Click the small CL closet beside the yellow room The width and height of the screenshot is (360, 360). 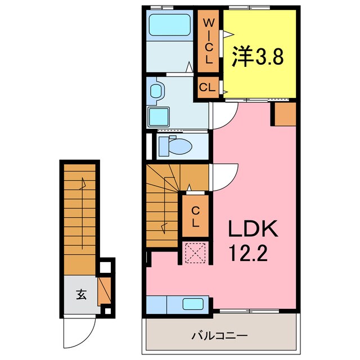207,88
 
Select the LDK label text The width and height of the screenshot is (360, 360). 253,229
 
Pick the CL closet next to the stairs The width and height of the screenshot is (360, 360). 195,216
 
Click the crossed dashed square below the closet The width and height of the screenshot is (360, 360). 195,252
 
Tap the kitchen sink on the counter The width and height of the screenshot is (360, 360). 195,304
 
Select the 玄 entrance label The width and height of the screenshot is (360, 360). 81,294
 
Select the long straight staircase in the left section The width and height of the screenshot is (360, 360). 80,219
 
